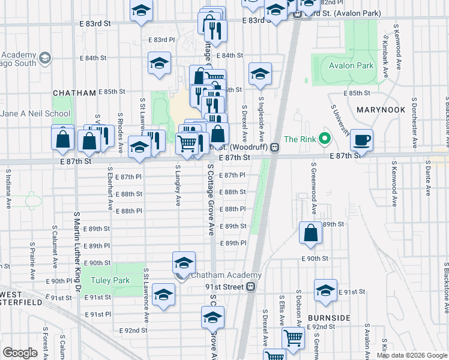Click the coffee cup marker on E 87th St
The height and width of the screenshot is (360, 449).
pos(362,140)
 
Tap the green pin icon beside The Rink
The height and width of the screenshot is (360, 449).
pos(325,140)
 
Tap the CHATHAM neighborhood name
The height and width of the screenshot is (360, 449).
pos(74,93)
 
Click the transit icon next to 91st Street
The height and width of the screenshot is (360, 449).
pos(252,287)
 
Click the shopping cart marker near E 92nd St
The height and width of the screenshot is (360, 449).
pos(292,338)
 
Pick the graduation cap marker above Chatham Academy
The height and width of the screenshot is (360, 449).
pos(184,263)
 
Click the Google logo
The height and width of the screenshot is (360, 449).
pos(20,353)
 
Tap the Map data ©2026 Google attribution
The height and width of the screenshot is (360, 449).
pos(412,355)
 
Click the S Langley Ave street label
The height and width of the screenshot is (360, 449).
pos(178,186)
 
